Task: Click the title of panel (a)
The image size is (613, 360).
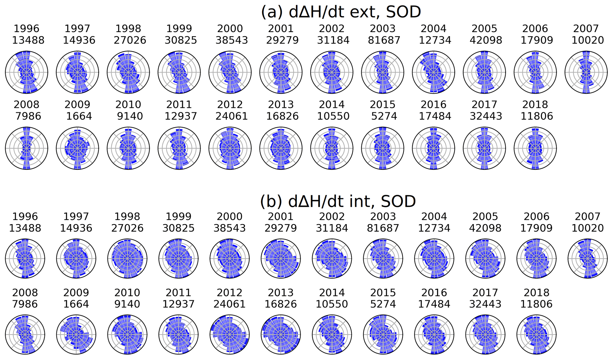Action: point(341,12)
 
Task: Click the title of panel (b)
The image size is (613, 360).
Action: point(338,201)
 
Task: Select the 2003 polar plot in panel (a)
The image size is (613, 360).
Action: point(383,72)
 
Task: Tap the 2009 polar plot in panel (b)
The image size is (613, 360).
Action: point(76,334)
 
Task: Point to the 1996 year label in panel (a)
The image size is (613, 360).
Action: point(27,29)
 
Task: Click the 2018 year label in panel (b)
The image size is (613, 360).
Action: point(536,293)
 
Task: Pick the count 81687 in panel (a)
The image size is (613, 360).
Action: point(384,40)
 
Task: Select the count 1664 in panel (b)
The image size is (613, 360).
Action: point(76,304)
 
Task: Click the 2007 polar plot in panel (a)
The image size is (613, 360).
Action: point(586,72)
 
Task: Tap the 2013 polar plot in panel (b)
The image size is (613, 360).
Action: point(281,334)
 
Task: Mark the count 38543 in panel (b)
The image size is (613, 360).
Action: point(230,228)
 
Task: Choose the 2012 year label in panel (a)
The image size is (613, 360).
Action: point(230,104)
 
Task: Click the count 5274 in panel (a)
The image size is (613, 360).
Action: point(384,116)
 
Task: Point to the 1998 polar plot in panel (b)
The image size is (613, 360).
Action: point(128,258)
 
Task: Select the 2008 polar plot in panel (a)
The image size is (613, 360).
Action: point(27,148)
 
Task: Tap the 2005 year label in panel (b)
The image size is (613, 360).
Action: point(485,217)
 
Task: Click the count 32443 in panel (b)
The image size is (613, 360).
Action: point(485,304)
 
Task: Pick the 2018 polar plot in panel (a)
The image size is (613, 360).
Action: point(535,148)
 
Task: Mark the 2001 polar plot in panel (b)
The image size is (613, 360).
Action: point(281,258)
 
